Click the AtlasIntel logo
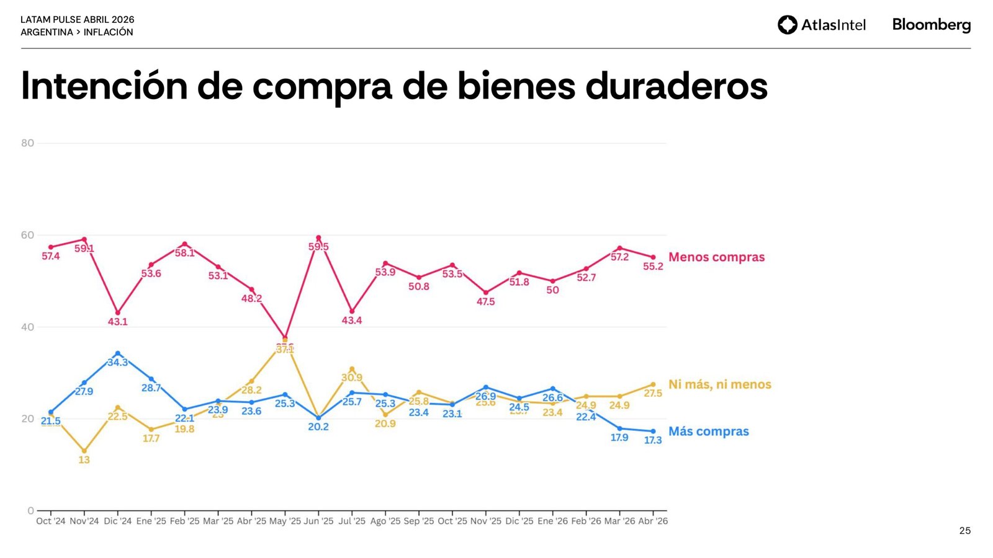821,25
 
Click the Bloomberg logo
931,25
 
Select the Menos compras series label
716,257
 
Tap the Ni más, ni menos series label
719,384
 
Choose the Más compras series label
708,432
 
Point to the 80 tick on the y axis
27,143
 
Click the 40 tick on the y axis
27,327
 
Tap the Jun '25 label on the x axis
318,521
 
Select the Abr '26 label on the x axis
653,521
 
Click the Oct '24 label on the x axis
51,521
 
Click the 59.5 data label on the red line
318,247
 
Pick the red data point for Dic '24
118,313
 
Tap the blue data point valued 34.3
118,353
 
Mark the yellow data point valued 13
84,451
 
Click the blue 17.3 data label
653,440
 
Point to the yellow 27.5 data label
653,393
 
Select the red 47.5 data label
485,302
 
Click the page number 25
964,531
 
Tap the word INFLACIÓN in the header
108,32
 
